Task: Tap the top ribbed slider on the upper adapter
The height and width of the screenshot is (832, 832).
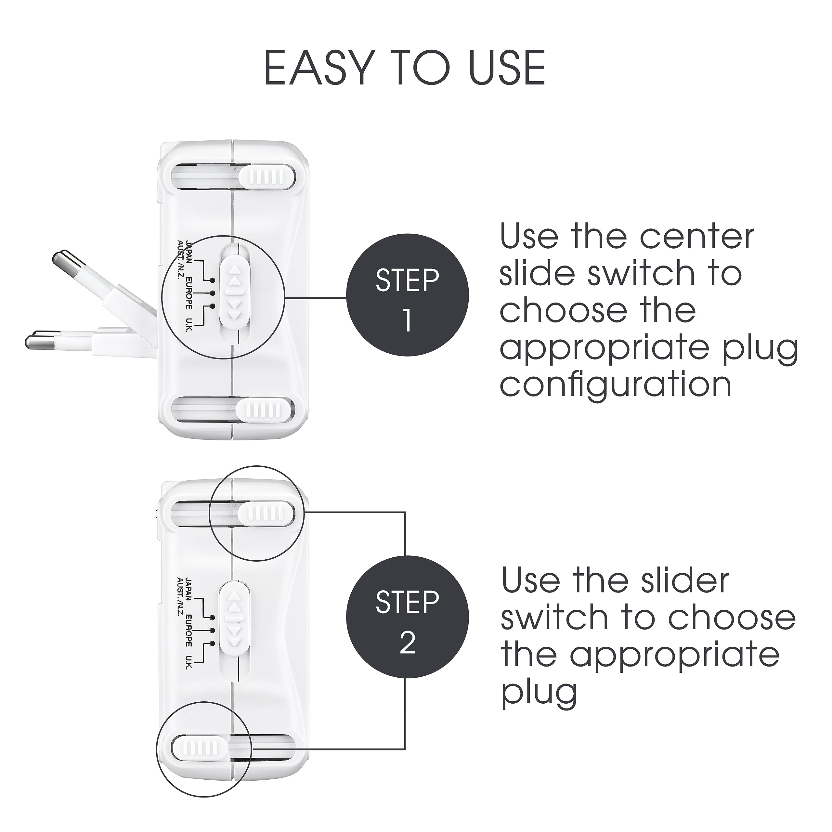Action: pos(267,176)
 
